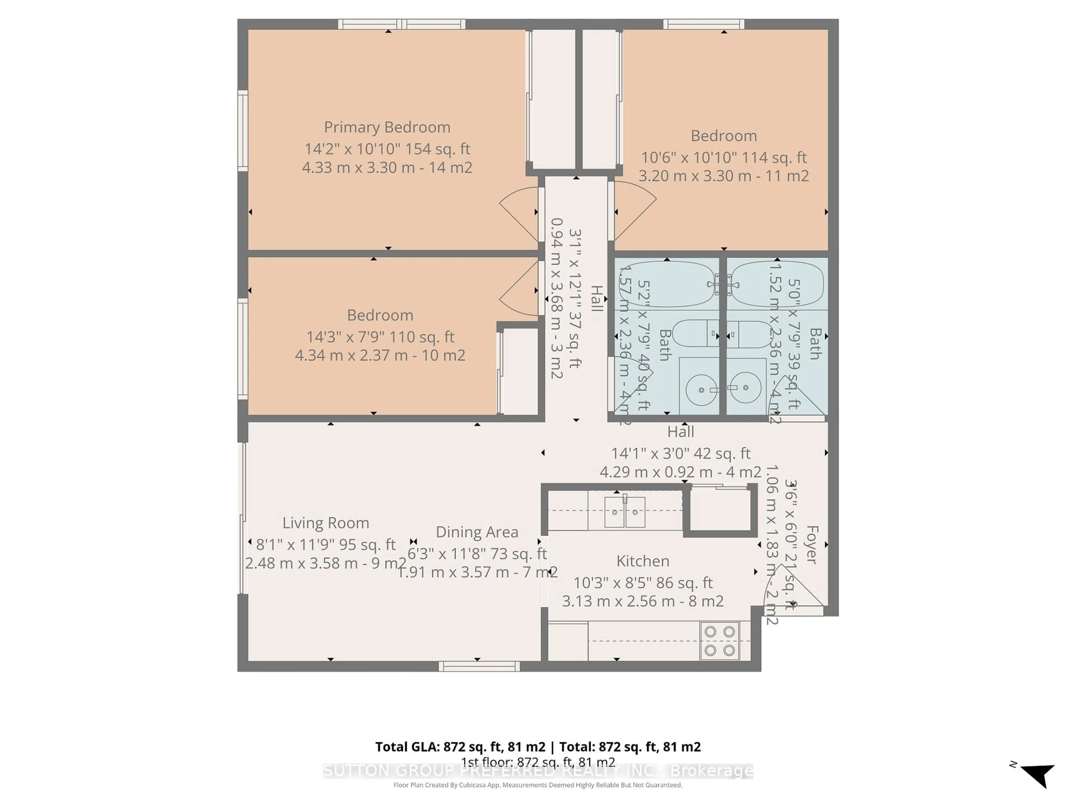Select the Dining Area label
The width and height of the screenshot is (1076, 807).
point(477,532)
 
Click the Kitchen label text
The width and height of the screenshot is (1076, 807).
point(643,561)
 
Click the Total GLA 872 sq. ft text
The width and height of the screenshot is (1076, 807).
point(460,747)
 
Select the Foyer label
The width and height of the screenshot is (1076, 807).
point(811,544)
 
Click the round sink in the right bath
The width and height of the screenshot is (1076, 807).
point(746,388)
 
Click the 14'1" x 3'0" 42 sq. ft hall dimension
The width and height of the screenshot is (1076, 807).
point(681,453)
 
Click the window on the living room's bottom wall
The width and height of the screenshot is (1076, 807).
point(479,666)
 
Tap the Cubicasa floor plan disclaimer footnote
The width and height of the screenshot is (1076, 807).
point(537,785)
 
